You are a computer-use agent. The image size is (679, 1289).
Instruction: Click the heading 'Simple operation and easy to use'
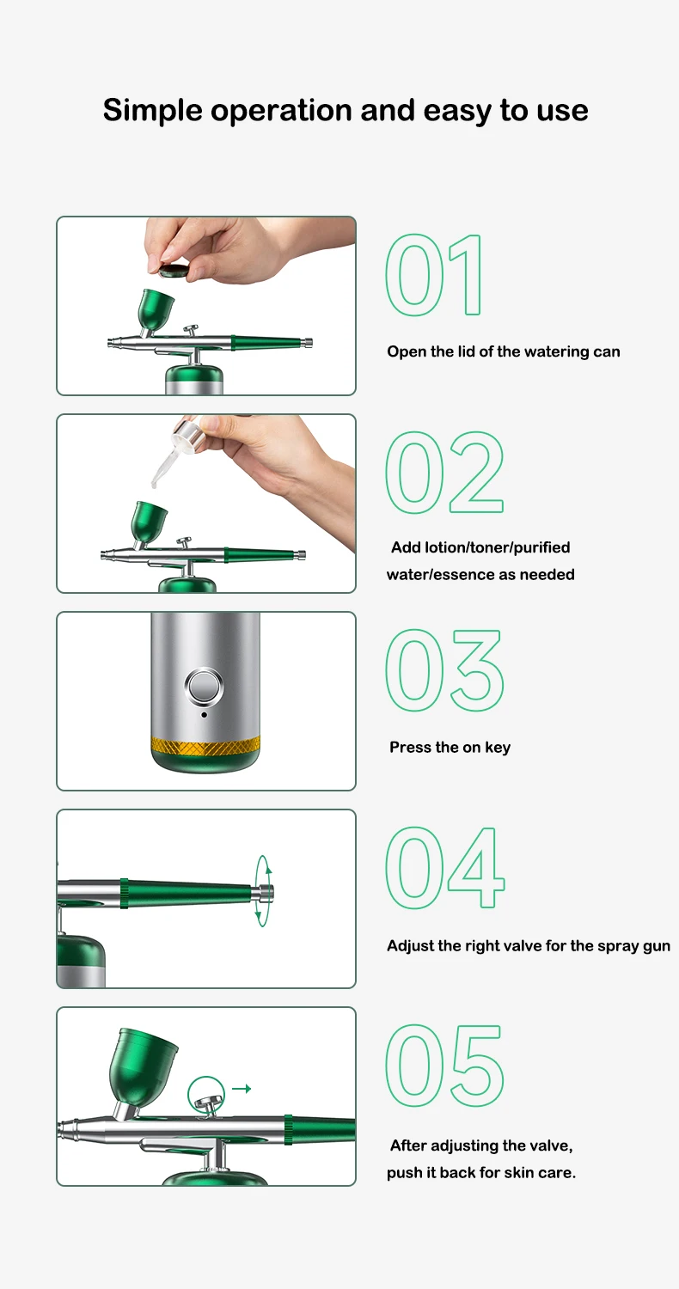pos(346,111)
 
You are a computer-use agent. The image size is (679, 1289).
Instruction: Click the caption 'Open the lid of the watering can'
pos(504,351)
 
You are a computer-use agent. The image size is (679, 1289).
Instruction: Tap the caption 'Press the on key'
pos(450,747)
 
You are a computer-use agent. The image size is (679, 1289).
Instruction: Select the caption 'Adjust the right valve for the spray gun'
pos(529,946)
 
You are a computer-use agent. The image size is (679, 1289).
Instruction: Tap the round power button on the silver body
pos(205,686)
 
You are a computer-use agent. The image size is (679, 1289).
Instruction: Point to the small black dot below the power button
pos(205,715)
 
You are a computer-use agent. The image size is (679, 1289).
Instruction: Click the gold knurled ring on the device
pos(205,746)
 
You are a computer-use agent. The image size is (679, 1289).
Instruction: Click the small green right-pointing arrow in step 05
pos(242,1089)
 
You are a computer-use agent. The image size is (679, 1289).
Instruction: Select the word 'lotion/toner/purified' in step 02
pos(497,547)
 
